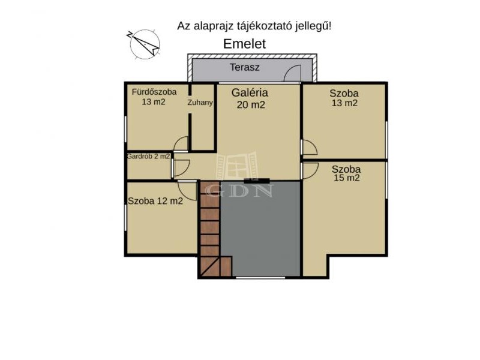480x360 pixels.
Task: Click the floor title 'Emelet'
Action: click(x=244, y=44)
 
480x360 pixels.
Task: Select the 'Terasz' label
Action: click(x=245, y=67)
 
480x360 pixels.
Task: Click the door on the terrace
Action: click(x=292, y=74)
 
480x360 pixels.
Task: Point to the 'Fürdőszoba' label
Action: click(x=154, y=92)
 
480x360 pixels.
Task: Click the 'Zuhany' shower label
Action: click(x=200, y=102)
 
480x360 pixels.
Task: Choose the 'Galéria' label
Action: click(x=250, y=92)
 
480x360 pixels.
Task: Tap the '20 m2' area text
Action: click(x=251, y=104)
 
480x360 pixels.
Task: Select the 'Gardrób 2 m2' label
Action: click(x=148, y=156)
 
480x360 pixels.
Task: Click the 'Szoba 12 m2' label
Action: click(x=155, y=201)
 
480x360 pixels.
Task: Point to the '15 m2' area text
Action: click(x=346, y=178)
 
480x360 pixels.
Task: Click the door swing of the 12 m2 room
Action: click(x=187, y=191)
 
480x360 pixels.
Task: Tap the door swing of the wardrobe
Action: click(x=181, y=168)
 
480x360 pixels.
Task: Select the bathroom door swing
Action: click(x=181, y=144)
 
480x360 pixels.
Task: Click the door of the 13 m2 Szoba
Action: click(x=309, y=148)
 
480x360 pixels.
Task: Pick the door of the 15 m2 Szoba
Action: click(x=310, y=171)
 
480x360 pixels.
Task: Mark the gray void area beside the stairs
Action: click(x=260, y=229)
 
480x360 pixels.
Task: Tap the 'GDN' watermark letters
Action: click(x=239, y=191)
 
